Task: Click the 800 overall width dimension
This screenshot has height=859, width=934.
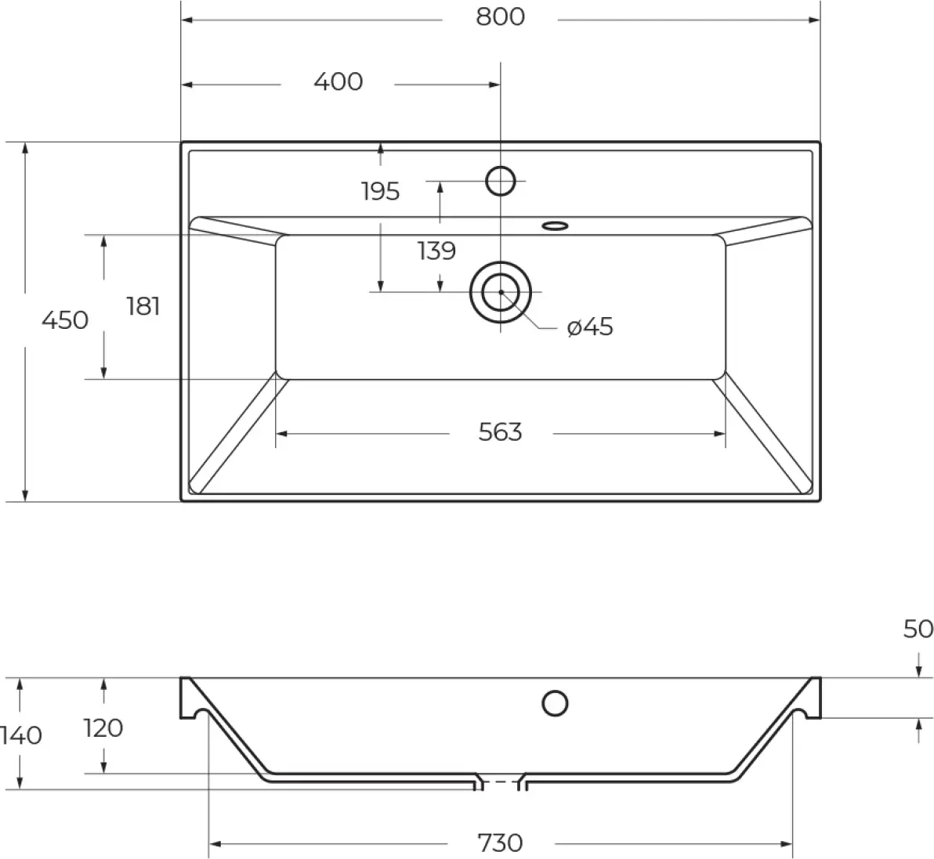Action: pyautogui.click(x=501, y=17)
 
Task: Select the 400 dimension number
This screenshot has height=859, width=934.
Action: pyautogui.click(x=338, y=82)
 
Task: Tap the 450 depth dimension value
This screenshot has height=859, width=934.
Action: pyautogui.click(x=65, y=320)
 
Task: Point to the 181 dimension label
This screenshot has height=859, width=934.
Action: pyautogui.click(x=143, y=307)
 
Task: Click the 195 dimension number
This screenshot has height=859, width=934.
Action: pyautogui.click(x=380, y=192)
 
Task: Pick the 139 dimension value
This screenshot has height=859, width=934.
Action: pyautogui.click(x=436, y=251)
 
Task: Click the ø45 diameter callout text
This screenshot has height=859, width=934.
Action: pyautogui.click(x=590, y=327)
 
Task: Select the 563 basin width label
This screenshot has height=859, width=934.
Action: pyautogui.click(x=501, y=432)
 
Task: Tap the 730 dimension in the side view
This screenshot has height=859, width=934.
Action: pyautogui.click(x=501, y=843)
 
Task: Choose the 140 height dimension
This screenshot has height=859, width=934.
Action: pyautogui.click(x=21, y=736)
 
